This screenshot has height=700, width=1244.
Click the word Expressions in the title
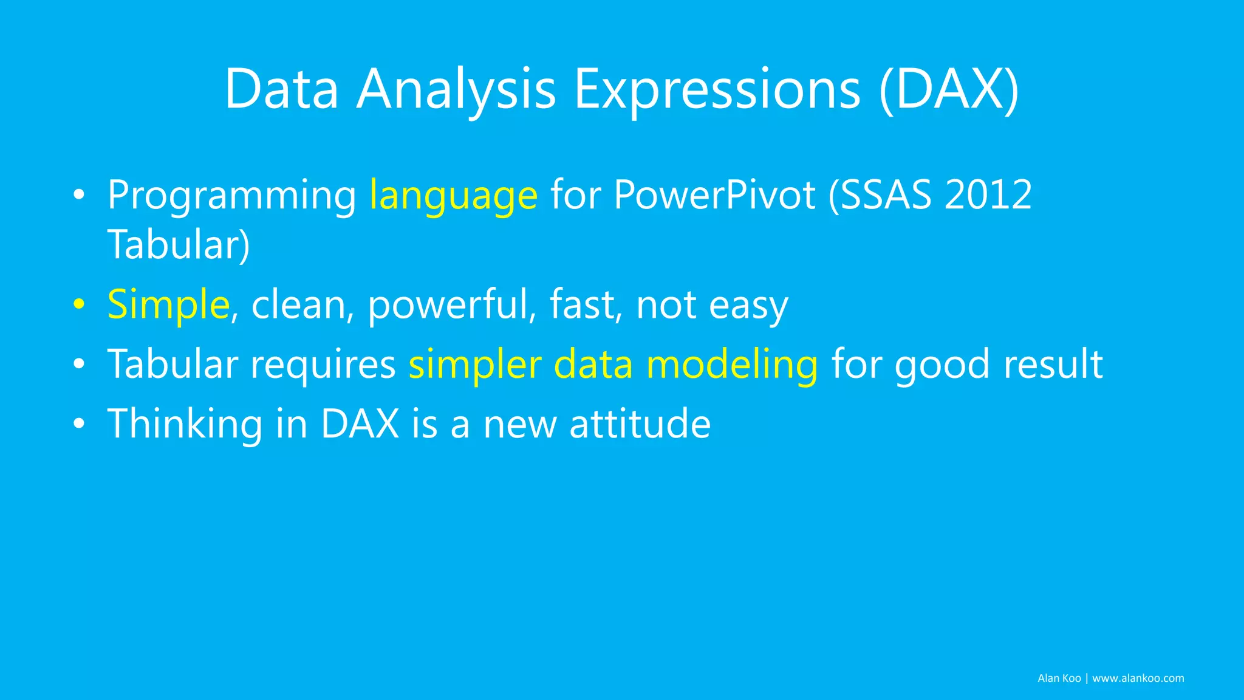[x=717, y=89]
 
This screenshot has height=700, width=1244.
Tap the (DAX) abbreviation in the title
[x=949, y=89]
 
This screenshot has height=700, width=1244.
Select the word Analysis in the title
[x=456, y=89]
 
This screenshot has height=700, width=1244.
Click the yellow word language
[x=453, y=196]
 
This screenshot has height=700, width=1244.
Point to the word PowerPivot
[x=714, y=196]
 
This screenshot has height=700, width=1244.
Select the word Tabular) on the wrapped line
[x=179, y=245]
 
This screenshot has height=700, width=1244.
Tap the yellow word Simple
[x=168, y=304]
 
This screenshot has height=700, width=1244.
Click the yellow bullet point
[x=78, y=304]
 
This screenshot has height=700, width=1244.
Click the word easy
[x=748, y=306]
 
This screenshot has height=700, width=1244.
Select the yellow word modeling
[x=732, y=365]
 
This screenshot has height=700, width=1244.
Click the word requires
[x=323, y=365]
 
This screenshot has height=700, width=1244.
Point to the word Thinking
[x=185, y=424]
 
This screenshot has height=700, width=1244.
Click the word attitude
[x=640, y=424]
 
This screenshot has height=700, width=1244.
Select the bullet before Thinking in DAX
[x=78, y=424]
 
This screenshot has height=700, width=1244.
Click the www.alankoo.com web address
[x=1138, y=678]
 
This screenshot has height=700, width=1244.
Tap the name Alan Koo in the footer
[x=1059, y=678]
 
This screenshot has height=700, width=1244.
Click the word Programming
[x=231, y=196]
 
